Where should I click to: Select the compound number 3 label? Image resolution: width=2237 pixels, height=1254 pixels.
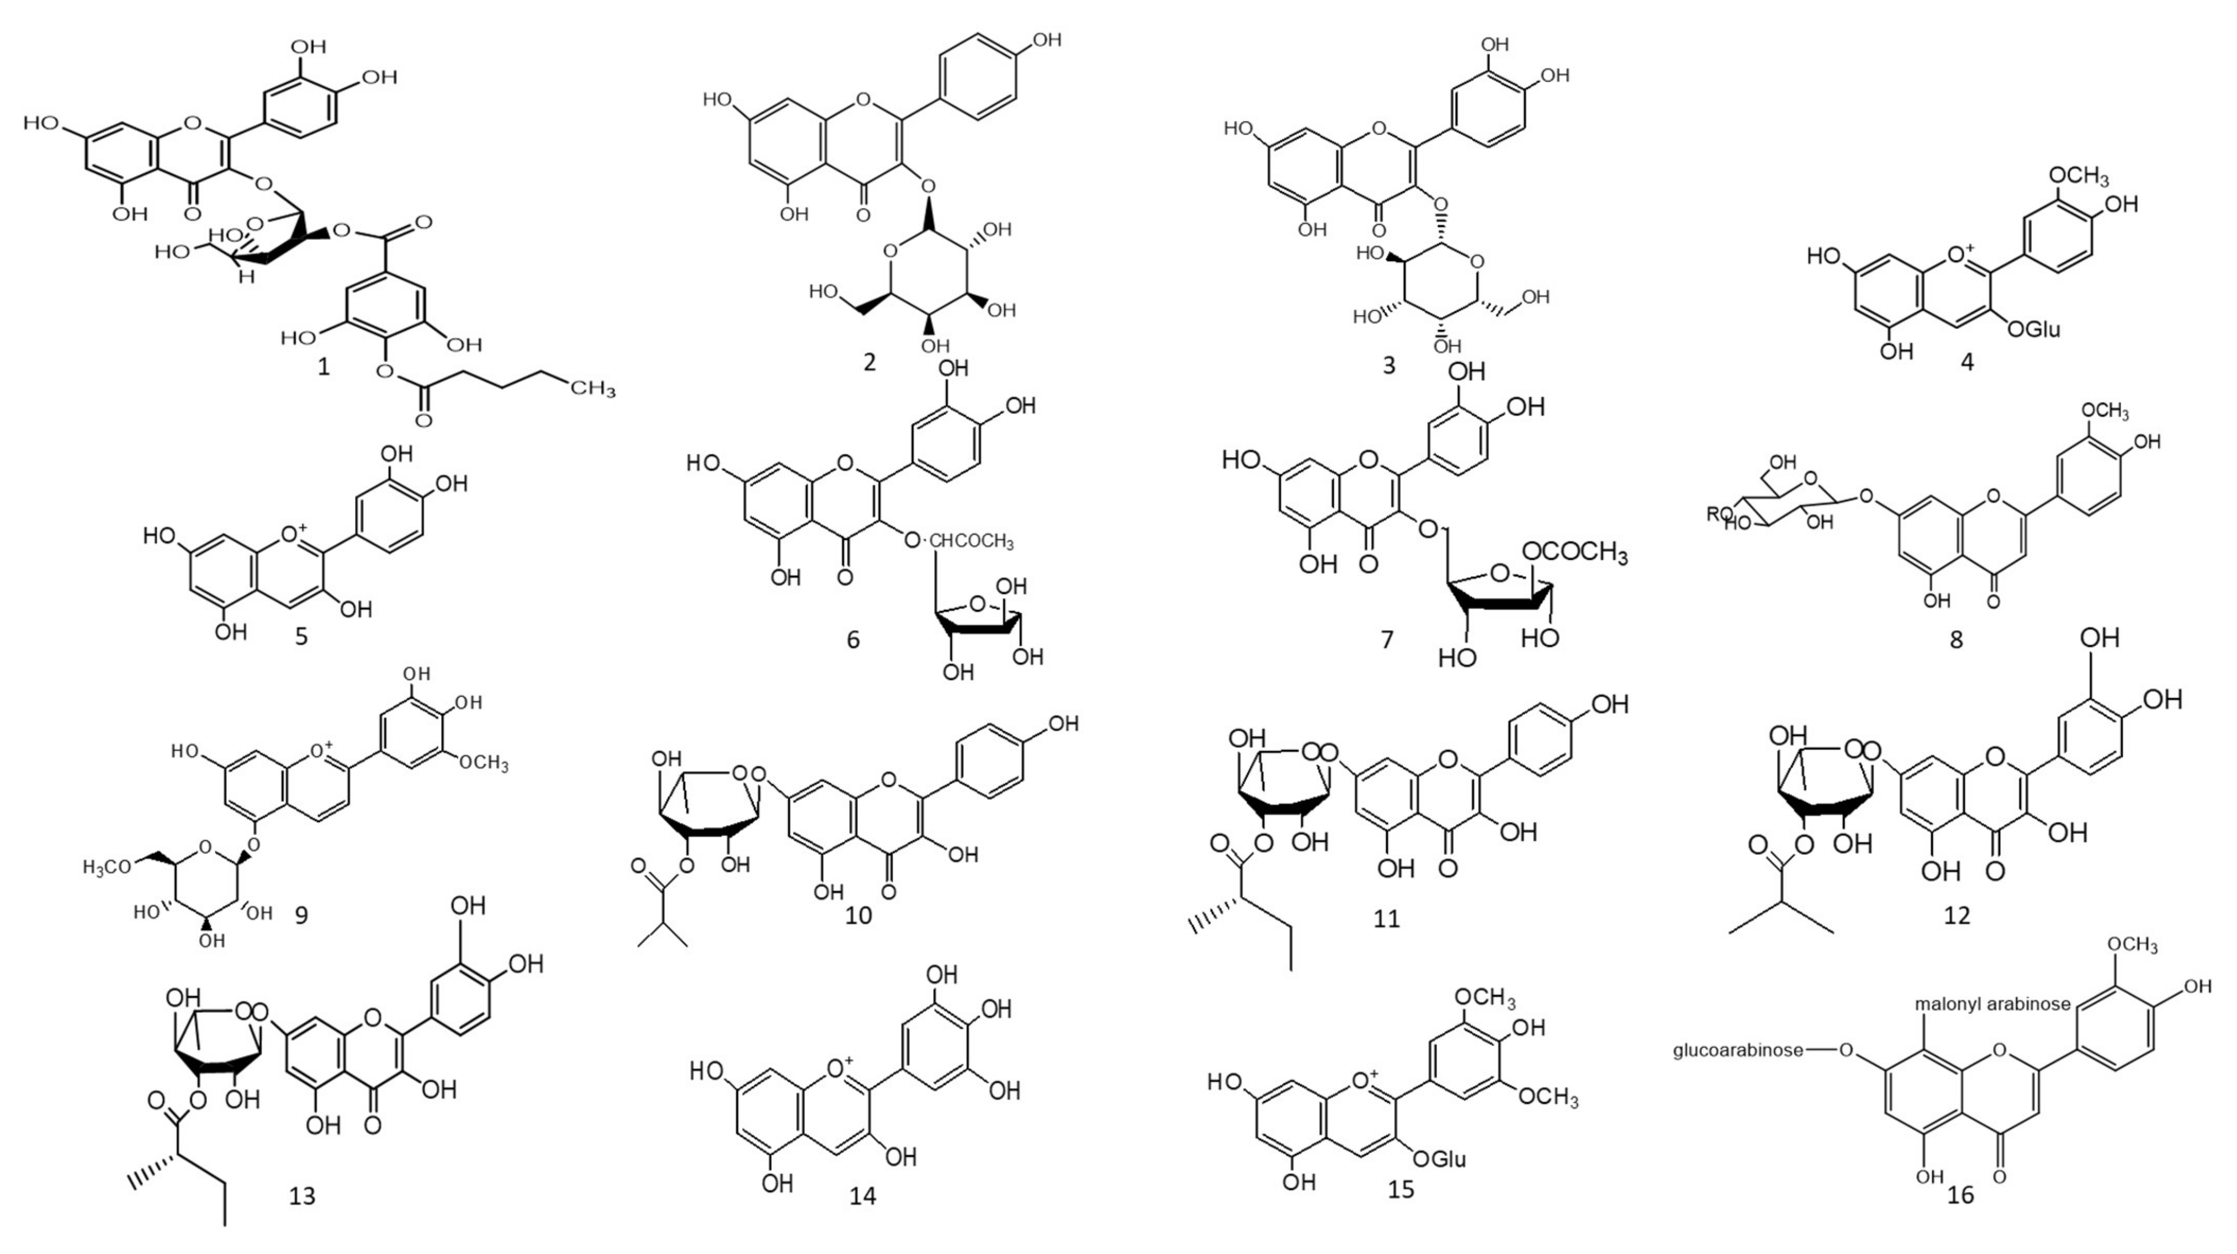[x=1388, y=365]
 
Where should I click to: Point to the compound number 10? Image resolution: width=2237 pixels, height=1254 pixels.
[x=858, y=915]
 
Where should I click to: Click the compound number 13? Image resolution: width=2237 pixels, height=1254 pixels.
[x=301, y=1196]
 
